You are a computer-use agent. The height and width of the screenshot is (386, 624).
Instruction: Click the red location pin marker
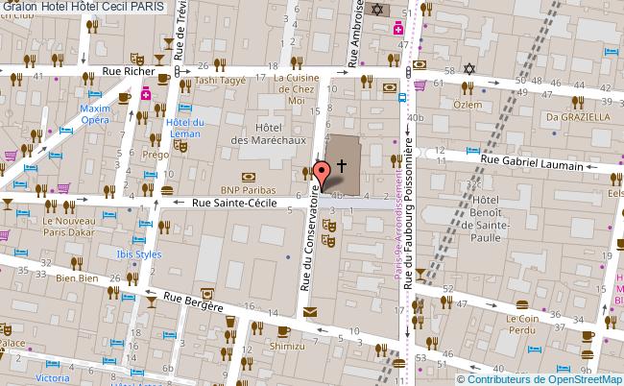324,172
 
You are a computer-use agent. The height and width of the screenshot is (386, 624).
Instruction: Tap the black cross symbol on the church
341,139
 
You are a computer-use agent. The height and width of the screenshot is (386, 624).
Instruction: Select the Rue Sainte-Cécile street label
235,204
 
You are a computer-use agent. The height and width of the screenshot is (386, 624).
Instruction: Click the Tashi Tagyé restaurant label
220,82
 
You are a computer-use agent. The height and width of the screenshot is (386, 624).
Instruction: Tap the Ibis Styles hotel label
139,254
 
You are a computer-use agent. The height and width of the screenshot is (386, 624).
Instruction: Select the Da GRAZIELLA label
578,116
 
